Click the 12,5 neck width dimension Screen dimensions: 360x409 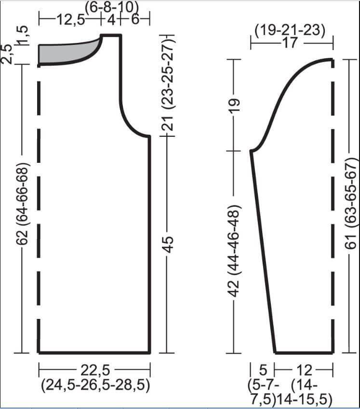[71, 20]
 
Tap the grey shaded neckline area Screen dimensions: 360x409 [65, 54]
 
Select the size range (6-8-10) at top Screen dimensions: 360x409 [111, 7]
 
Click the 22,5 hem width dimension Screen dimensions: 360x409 [95, 370]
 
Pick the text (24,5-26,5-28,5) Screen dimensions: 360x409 [95, 385]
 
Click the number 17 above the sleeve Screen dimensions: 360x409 [290, 43]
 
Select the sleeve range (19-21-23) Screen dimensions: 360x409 [290, 31]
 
